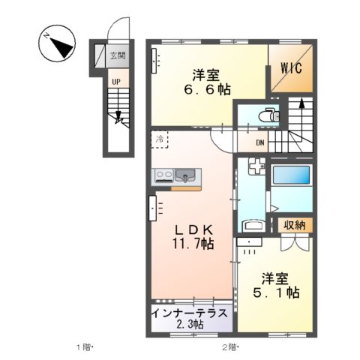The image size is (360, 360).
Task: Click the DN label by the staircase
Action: pos(260,143)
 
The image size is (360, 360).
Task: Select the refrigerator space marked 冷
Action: pos(160,139)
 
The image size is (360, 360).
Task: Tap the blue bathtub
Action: pos(292,176)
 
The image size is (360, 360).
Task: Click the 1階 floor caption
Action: pos(82,346)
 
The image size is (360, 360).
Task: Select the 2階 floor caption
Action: pos(229,346)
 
